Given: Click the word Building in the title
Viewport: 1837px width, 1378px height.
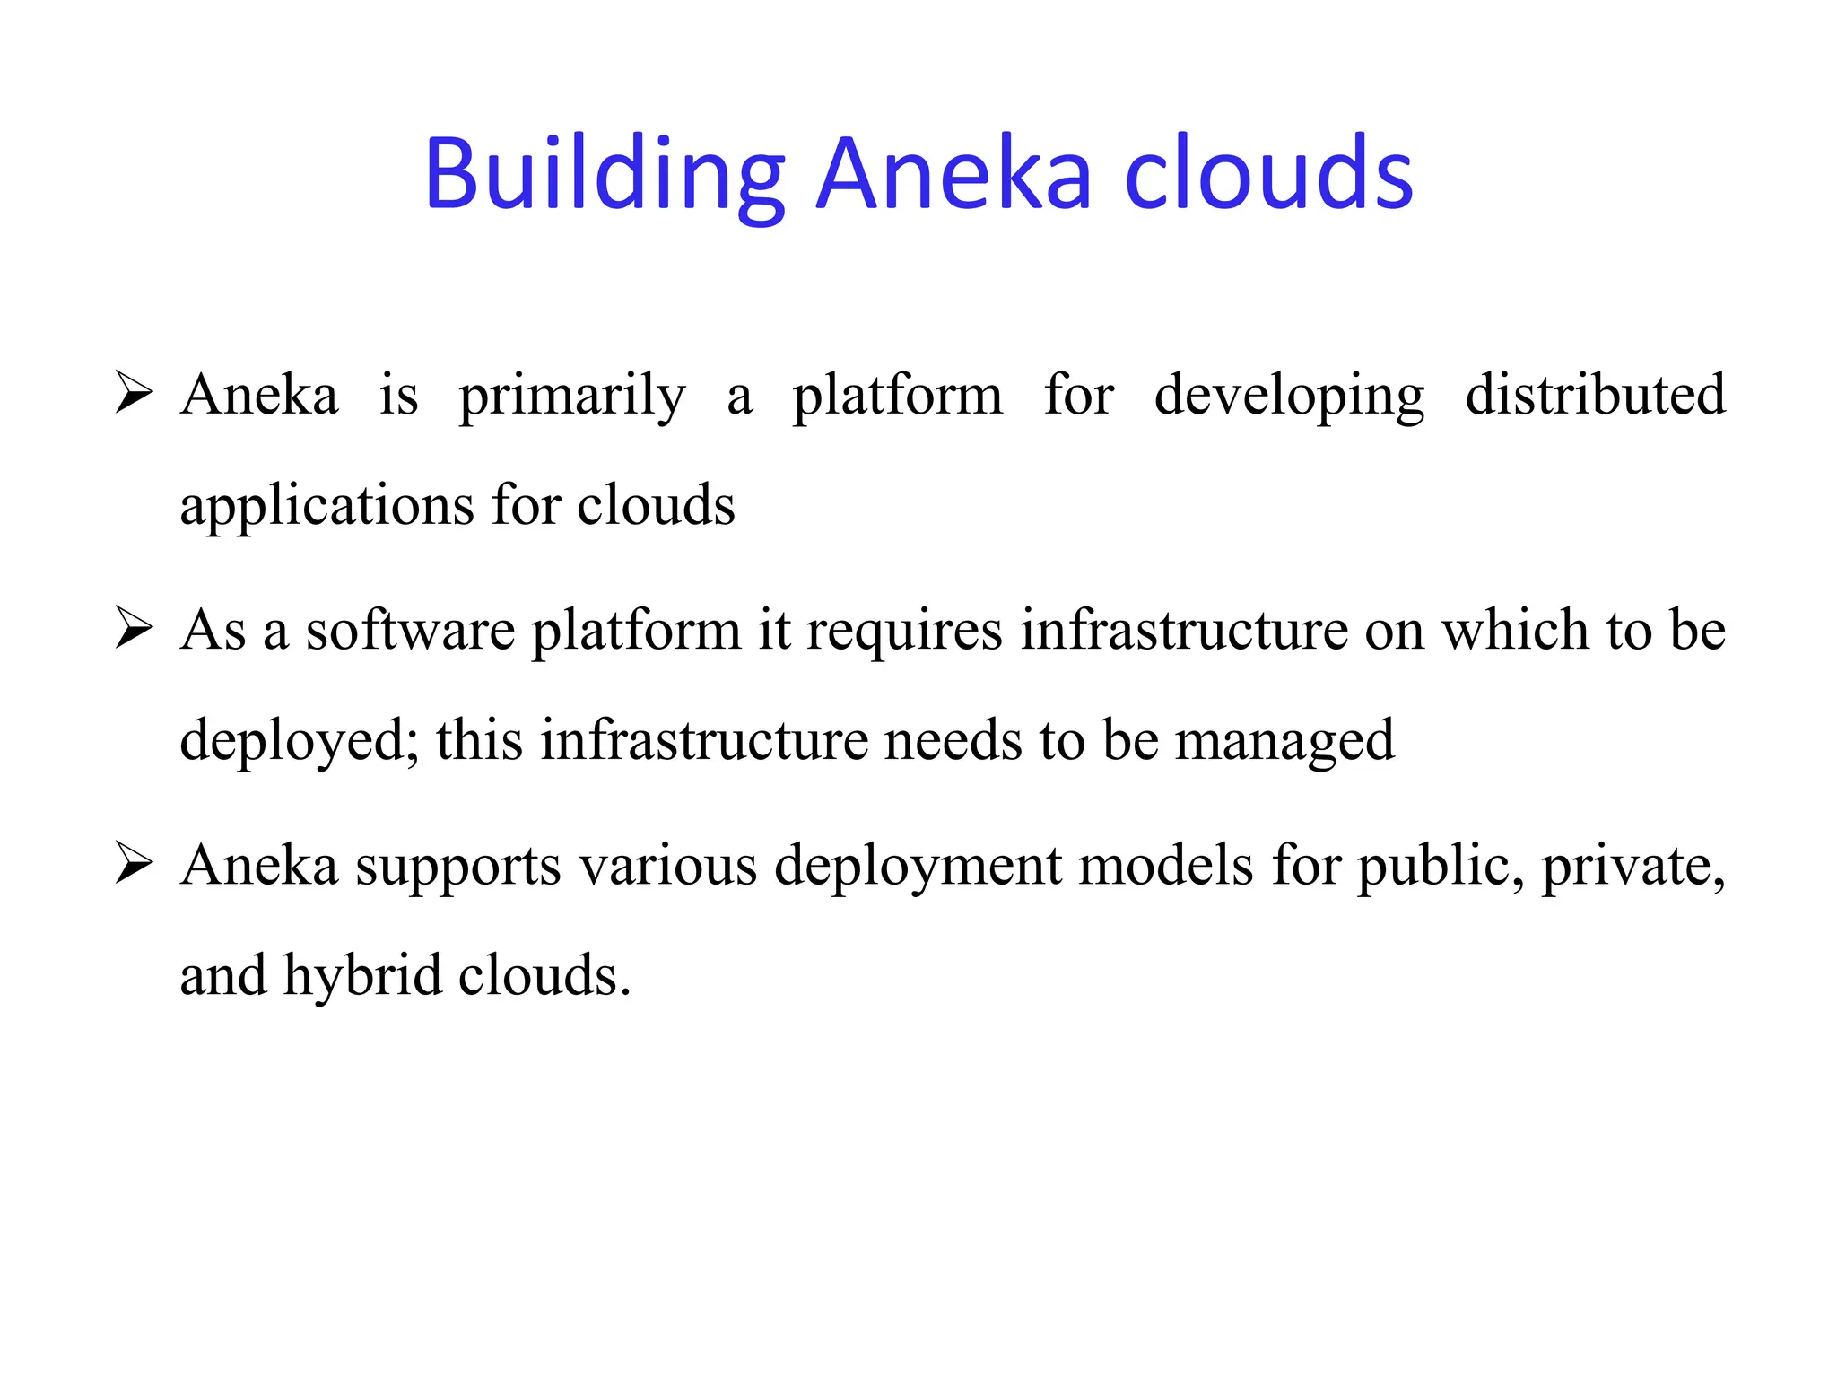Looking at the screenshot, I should tap(604, 174).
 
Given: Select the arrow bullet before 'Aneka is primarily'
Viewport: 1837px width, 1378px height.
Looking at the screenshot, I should tap(134, 396).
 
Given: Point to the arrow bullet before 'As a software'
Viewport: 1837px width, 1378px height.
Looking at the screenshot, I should tap(134, 630).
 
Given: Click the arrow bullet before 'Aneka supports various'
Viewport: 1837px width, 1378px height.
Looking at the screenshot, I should tap(134, 866).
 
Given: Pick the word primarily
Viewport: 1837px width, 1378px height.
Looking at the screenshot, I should tap(572, 396).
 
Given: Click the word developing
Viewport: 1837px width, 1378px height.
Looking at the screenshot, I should tap(1289, 396).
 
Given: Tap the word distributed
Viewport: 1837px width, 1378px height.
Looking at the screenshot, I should tap(1595, 396).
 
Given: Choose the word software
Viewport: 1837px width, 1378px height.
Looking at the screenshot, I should tap(410, 630).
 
